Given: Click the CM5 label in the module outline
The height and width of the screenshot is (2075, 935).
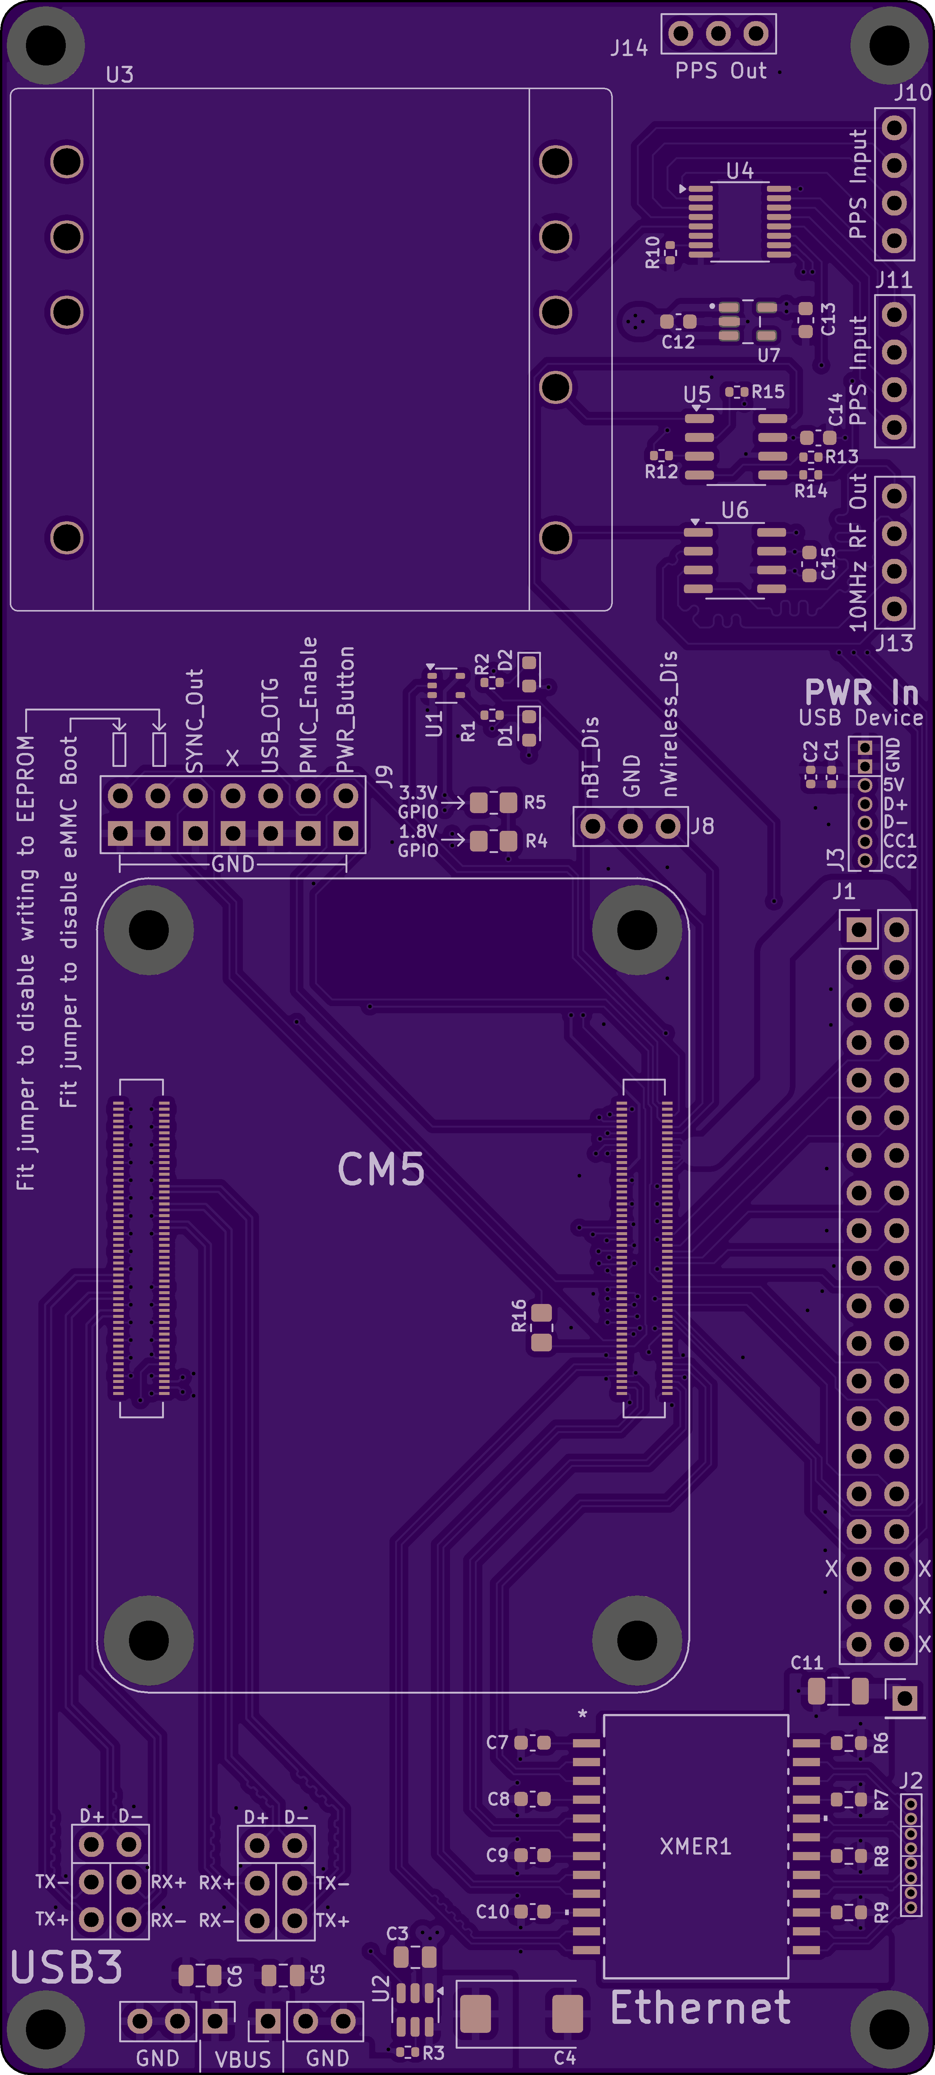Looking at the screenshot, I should [x=381, y=1170].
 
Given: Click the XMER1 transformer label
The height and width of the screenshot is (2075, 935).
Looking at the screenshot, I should [x=695, y=1846].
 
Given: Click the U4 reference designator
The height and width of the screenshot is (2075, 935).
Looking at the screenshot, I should [x=739, y=171].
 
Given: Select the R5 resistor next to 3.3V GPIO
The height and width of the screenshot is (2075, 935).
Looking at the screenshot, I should [x=493, y=802].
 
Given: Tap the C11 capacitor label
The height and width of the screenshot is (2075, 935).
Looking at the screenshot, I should [x=806, y=1662].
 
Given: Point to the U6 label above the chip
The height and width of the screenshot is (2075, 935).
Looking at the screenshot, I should [x=735, y=510].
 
